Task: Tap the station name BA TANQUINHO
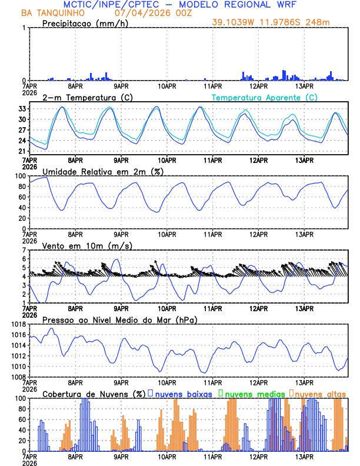click(x=49, y=12)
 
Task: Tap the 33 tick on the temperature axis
click(x=22, y=109)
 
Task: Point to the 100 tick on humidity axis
click(x=20, y=176)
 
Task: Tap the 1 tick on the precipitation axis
click(x=24, y=28)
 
